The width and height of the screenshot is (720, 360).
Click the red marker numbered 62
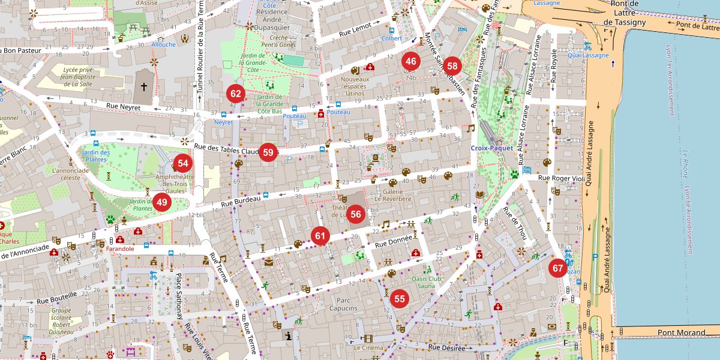236,94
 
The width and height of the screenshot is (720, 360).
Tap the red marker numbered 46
411,61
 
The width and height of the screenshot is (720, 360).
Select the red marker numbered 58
452,67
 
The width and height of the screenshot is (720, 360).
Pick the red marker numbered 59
268,152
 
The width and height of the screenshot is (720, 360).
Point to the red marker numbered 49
162,202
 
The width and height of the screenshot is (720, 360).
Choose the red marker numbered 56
356,214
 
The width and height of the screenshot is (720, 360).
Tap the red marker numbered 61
320,236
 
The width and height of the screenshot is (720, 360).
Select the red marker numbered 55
400,298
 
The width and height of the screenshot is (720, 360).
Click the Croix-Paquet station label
491,148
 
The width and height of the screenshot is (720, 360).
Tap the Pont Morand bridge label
682,332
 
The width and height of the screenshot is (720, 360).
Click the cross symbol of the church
143,86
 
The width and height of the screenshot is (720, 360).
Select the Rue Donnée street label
394,242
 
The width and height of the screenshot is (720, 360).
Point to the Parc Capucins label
343,304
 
